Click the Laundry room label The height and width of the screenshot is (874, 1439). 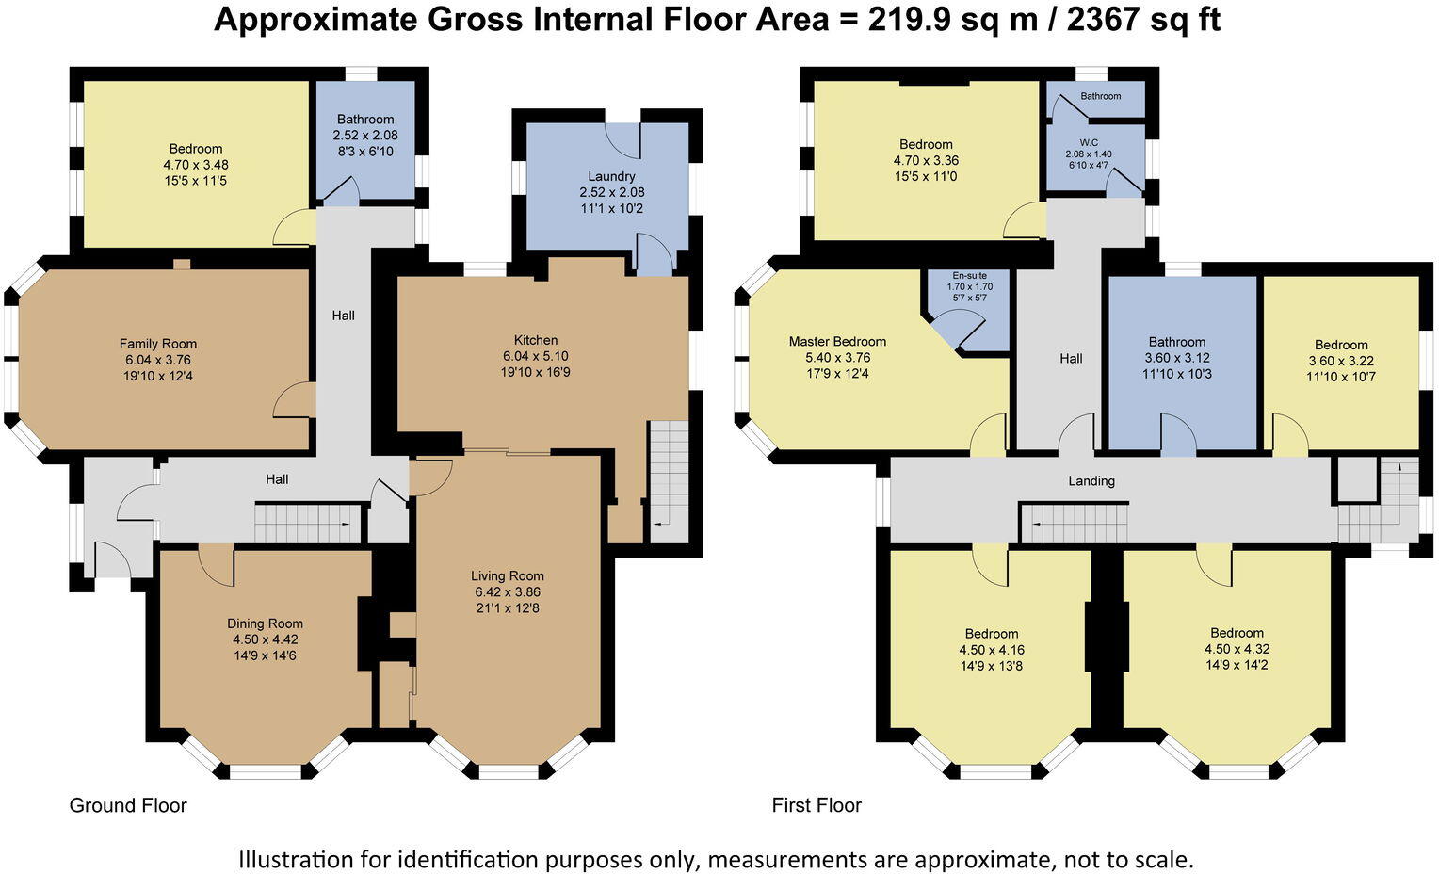tap(611, 176)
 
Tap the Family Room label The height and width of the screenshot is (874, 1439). tap(158, 344)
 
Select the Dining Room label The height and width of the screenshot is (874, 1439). tap(265, 623)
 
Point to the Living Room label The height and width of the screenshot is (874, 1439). tap(508, 575)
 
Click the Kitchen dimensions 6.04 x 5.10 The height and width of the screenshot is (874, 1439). tap(536, 356)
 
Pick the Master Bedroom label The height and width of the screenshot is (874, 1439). tap(837, 341)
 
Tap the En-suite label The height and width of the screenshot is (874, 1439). tap(969, 276)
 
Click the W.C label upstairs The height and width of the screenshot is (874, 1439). tap(1089, 142)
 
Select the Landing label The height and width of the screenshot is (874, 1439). tap(1091, 480)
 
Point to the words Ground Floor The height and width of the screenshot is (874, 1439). tap(128, 805)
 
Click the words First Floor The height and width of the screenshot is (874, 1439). tap(817, 804)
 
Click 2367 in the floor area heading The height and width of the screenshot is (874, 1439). tap(1103, 19)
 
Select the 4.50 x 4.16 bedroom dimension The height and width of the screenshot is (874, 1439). tap(992, 650)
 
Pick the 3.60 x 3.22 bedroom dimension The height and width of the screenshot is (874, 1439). tap(1341, 361)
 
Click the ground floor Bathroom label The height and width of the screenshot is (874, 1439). tap(364, 120)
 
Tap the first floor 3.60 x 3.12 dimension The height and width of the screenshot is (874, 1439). tap(1176, 358)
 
